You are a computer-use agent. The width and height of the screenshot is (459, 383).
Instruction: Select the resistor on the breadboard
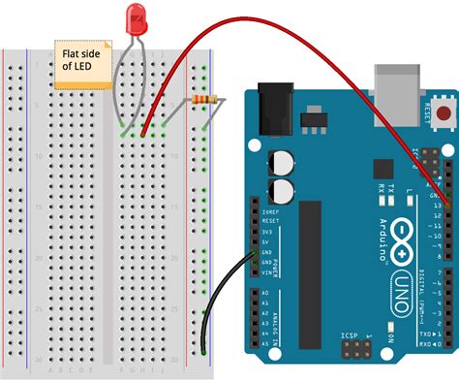tap(203, 99)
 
